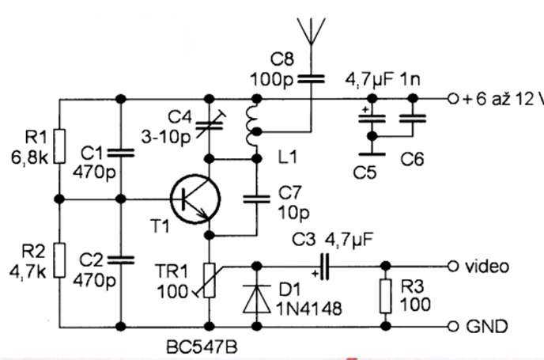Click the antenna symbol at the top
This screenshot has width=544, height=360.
click(x=311, y=32)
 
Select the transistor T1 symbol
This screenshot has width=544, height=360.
click(x=193, y=200)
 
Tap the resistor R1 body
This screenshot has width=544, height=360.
click(x=60, y=147)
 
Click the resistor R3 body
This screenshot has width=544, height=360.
click(x=385, y=294)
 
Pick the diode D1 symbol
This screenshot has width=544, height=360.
click(x=258, y=294)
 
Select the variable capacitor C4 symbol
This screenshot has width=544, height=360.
click(x=209, y=123)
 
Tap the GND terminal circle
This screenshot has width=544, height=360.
click(x=453, y=326)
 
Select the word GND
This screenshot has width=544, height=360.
click(x=486, y=326)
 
